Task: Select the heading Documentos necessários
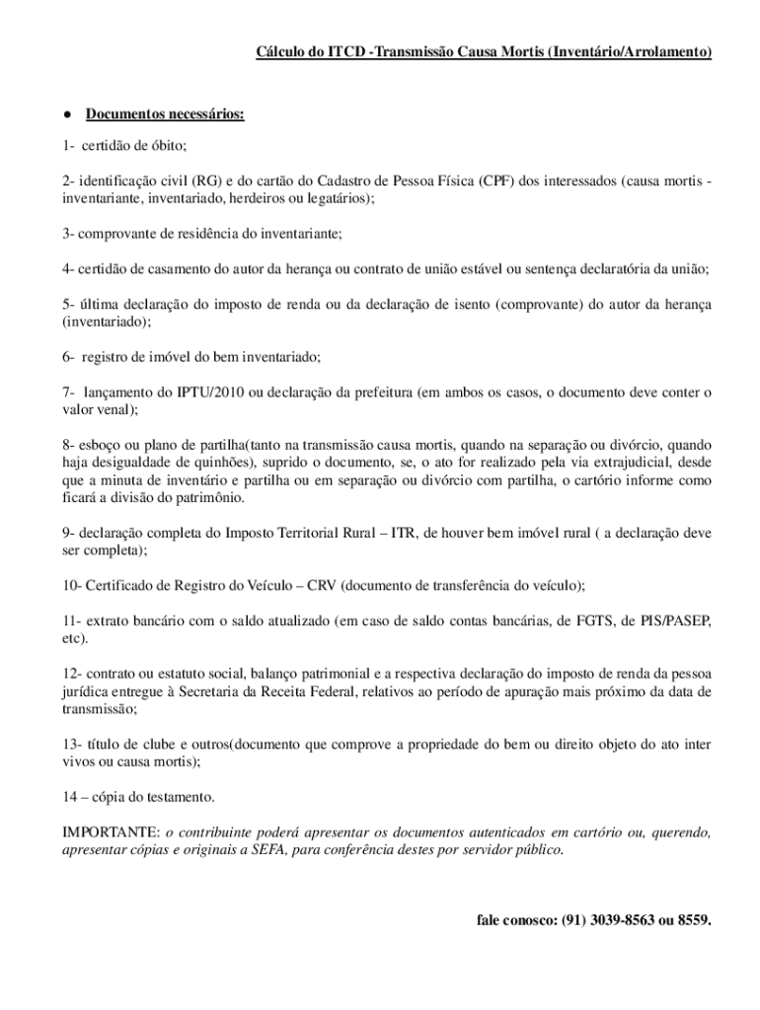(x=164, y=114)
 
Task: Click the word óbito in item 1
(x=166, y=145)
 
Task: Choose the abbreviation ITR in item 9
(x=403, y=533)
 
